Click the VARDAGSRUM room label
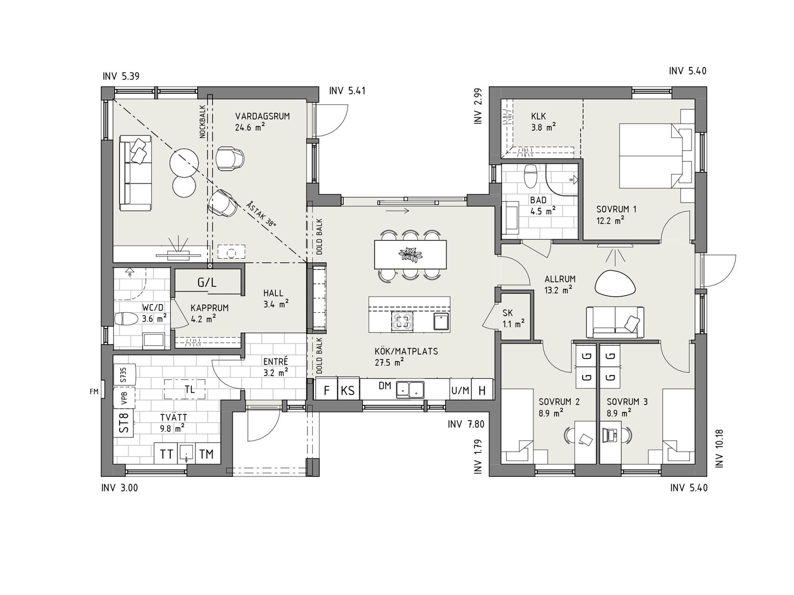[x=262, y=116]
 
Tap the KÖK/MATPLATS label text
[x=407, y=351]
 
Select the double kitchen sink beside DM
[x=410, y=390]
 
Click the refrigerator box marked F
[x=327, y=390]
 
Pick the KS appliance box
[x=348, y=390]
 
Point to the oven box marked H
[x=482, y=390]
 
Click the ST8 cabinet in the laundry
[x=124, y=423]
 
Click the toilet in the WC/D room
[x=126, y=319]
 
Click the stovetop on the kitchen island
[x=403, y=321]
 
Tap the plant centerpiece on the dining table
[x=410, y=254]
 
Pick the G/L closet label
[x=207, y=282]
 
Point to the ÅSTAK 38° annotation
[x=262, y=213]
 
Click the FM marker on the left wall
[x=94, y=392]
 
